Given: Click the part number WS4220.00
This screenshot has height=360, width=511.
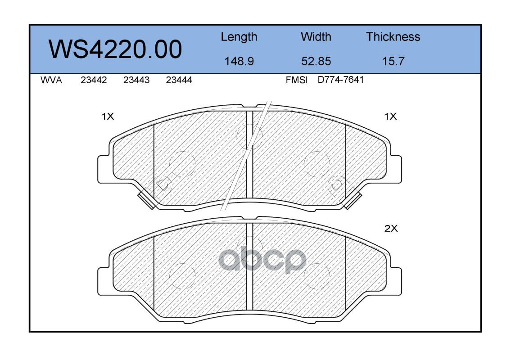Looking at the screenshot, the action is (115, 49).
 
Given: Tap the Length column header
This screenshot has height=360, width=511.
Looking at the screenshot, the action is (239, 37).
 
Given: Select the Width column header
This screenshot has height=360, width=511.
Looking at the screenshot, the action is (316, 36).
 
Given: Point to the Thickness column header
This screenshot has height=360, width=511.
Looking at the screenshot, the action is (393, 36).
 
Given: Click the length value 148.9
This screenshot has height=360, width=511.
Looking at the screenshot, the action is (239, 61).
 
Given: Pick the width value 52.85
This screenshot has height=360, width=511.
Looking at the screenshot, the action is (316, 61).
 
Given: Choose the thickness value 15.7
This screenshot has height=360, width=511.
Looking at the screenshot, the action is (393, 61).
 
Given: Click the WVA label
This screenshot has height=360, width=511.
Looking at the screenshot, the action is (51, 80).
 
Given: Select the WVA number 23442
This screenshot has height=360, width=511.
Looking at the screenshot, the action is (94, 80).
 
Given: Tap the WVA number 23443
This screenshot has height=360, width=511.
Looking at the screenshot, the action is (136, 80).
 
